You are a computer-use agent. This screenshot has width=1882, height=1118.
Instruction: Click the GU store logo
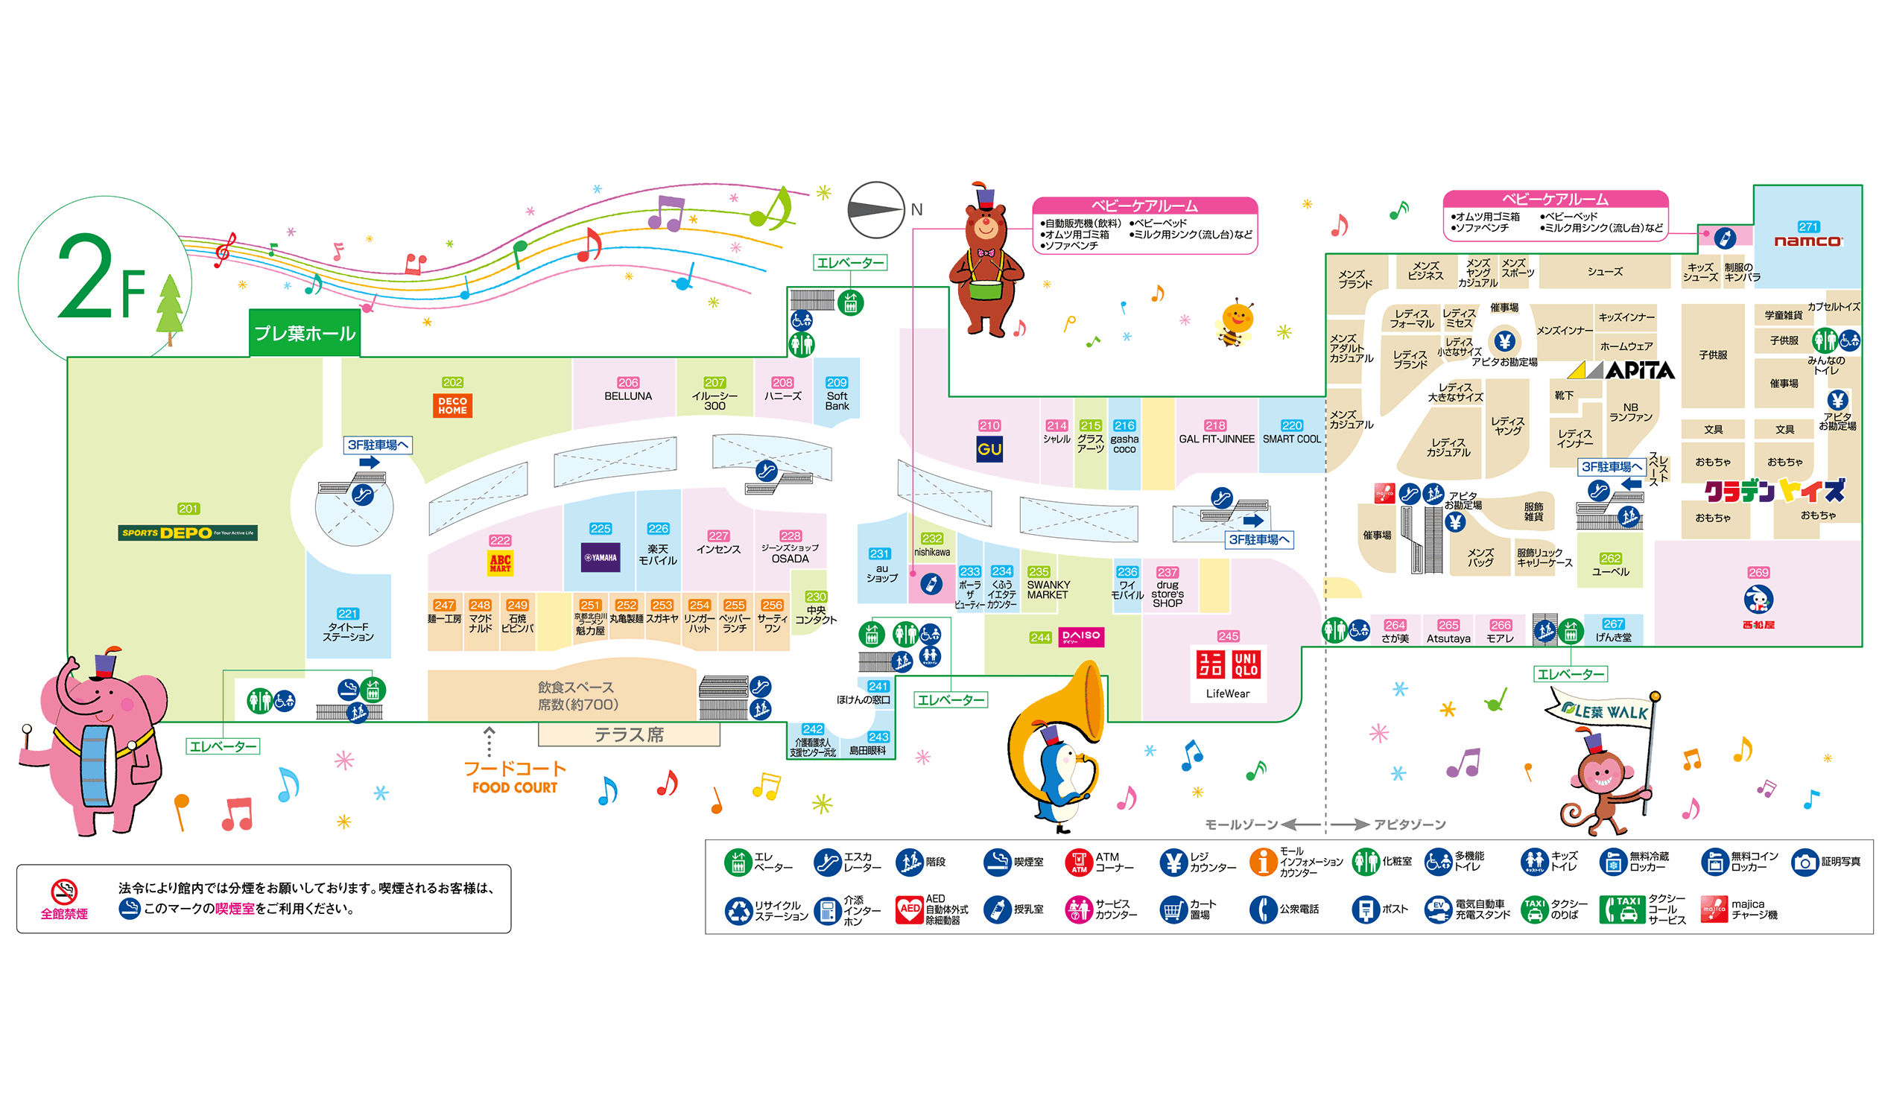tap(989, 449)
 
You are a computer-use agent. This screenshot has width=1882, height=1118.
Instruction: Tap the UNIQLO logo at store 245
tap(1227, 664)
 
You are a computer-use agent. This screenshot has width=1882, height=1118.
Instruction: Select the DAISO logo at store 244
tap(1080, 637)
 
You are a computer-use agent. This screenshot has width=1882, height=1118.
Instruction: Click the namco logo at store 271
tap(1807, 241)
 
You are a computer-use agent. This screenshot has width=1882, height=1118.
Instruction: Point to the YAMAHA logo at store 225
tap(600, 557)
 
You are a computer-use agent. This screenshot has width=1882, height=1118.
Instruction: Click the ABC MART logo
tap(499, 563)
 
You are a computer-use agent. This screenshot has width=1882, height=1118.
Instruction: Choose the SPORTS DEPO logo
tap(188, 533)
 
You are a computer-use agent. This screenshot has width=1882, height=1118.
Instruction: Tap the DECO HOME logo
tap(452, 405)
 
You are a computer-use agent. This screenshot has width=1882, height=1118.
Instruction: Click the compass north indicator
tap(875, 209)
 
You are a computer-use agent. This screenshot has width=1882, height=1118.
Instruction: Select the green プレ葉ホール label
tap(305, 333)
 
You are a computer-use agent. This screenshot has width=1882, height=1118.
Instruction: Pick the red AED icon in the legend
tap(910, 909)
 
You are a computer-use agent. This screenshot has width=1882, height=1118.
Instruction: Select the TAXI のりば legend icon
tap(1533, 909)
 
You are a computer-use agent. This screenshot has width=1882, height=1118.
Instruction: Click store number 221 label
tap(347, 613)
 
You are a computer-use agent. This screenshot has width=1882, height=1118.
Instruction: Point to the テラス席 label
tap(628, 734)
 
